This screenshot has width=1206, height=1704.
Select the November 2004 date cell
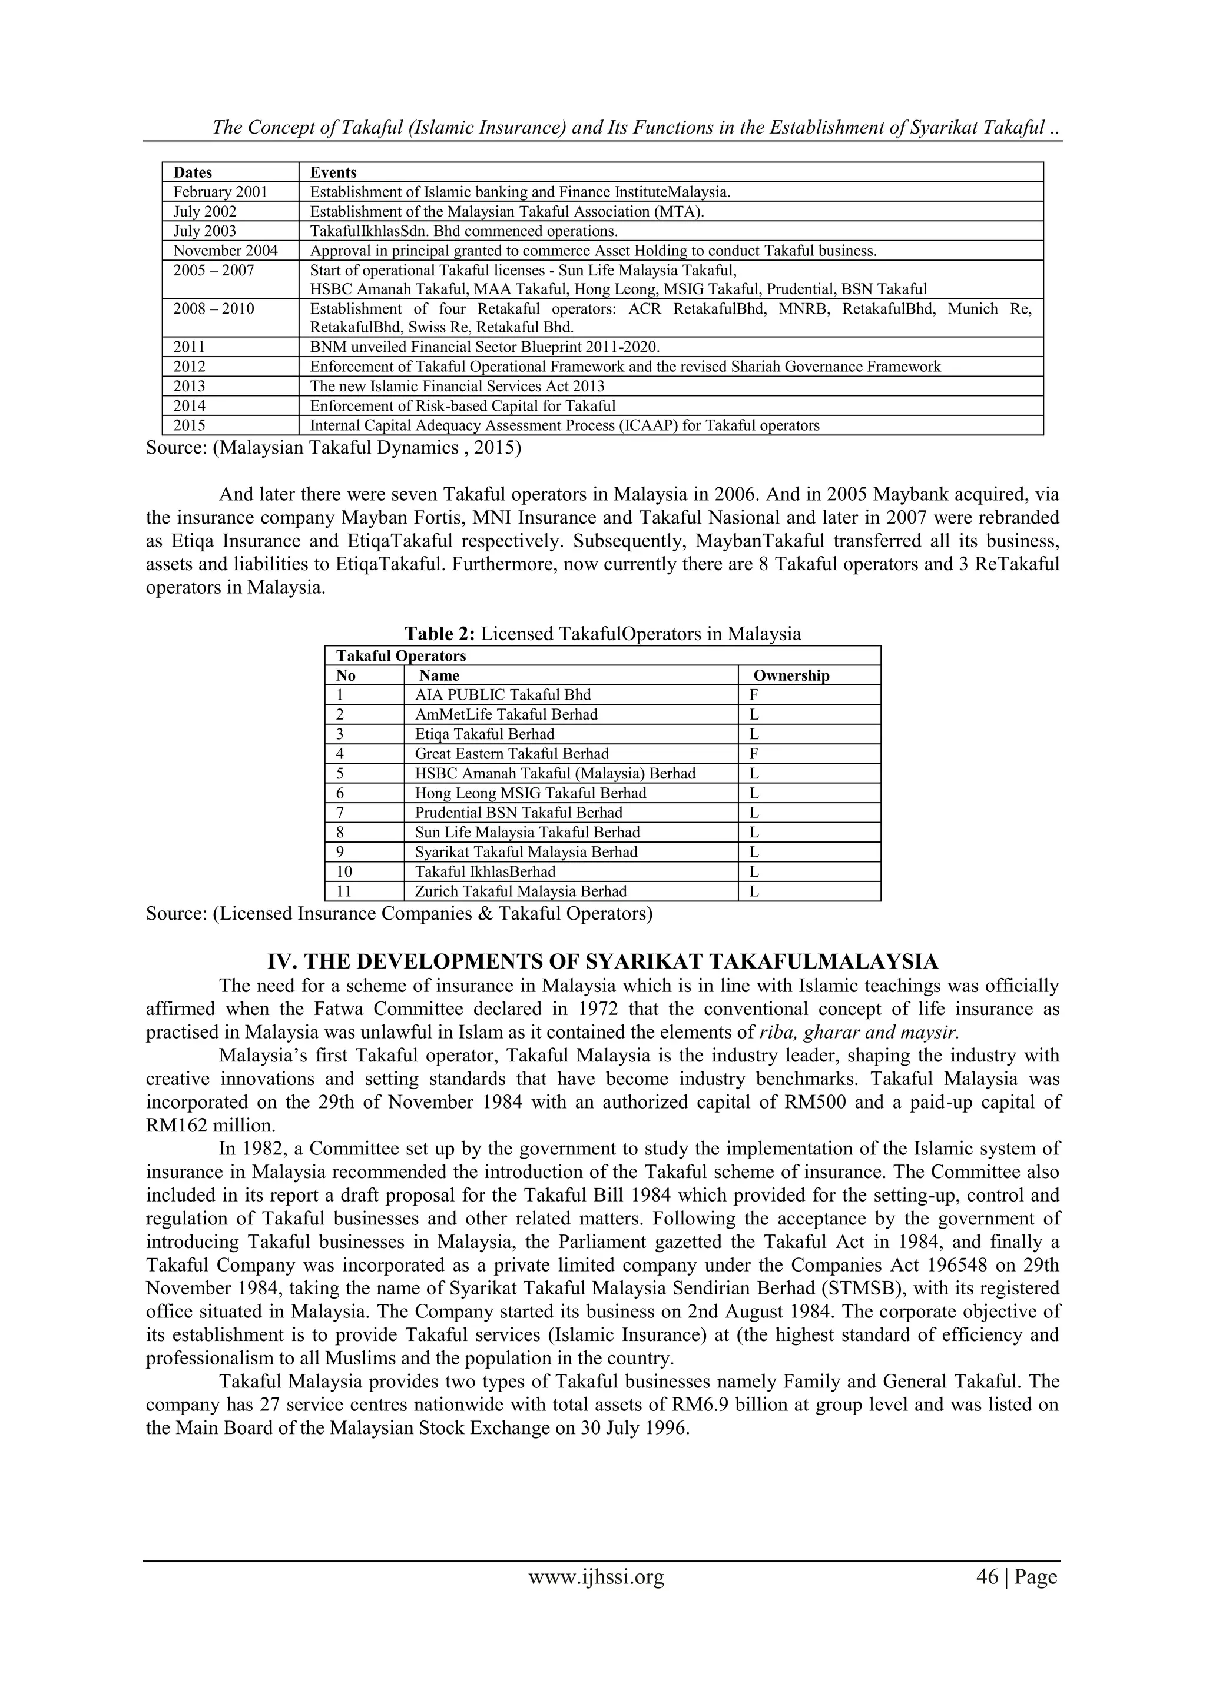point(225,251)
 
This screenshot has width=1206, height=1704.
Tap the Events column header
point(333,172)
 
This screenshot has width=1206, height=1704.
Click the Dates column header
point(193,172)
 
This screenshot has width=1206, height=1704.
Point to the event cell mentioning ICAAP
point(564,425)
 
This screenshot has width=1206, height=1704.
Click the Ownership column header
point(791,675)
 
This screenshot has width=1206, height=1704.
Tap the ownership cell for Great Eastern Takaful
point(754,753)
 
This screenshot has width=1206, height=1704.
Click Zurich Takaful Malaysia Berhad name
point(521,891)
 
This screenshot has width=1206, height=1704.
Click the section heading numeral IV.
point(281,962)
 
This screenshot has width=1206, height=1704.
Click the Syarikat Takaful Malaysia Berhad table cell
point(526,852)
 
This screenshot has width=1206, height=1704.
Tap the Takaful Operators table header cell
point(401,656)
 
